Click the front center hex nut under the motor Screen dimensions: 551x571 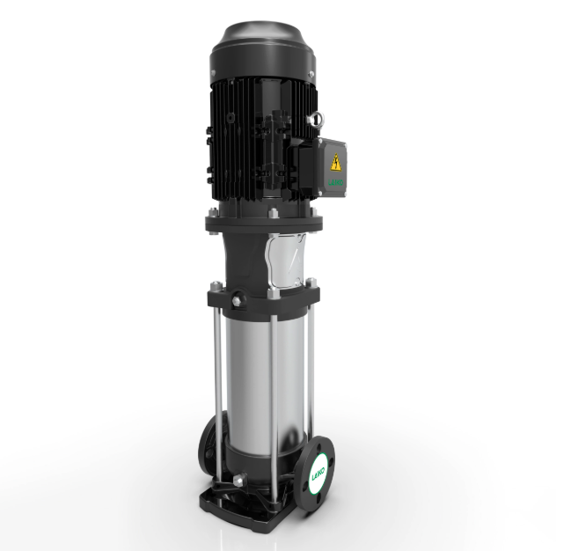point(272,214)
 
